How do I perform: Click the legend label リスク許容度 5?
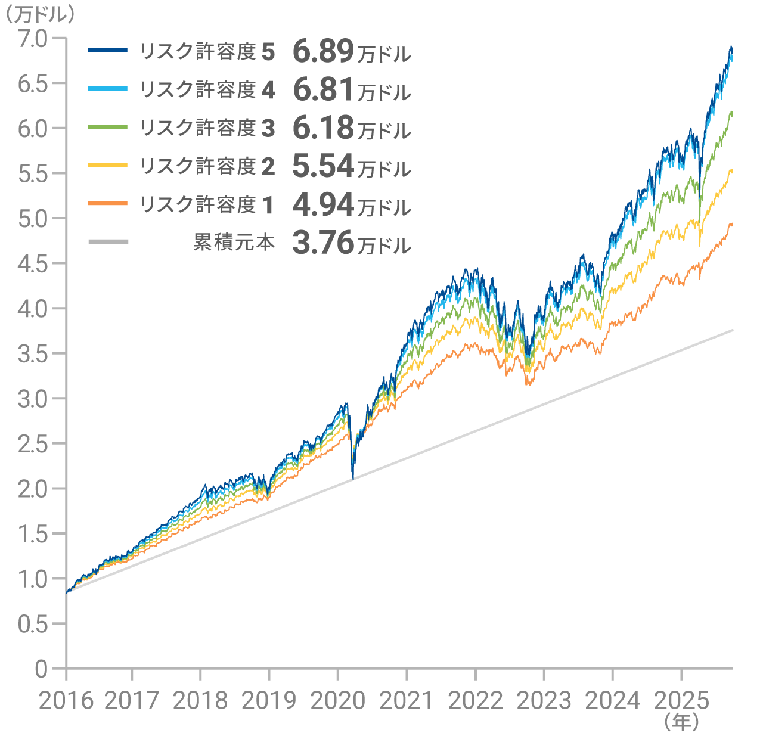tap(206, 52)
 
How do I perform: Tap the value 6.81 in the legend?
tap(324, 90)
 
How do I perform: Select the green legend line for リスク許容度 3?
tap(108, 127)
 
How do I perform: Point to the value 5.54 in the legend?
tap(324, 166)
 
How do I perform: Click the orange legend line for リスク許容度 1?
tap(108, 203)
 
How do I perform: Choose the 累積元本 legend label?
tap(234, 242)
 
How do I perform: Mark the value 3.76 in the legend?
tap(324, 243)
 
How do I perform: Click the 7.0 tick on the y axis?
tap(32, 38)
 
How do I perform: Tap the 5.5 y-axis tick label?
tap(32, 173)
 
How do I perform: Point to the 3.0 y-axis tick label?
tap(32, 399)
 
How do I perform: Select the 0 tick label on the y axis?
tap(41, 669)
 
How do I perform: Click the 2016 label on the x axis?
tap(66, 701)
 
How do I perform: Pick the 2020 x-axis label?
tap(337, 701)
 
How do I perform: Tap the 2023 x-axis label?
tap(544, 701)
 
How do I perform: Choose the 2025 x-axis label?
tap(681, 701)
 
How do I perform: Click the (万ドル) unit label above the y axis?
tap(38, 14)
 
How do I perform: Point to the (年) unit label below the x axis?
tap(681, 722)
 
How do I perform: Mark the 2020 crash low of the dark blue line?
tap(353, 479)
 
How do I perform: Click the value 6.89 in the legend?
tap(324, 52)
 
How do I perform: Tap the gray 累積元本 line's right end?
tap(732, 330)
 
